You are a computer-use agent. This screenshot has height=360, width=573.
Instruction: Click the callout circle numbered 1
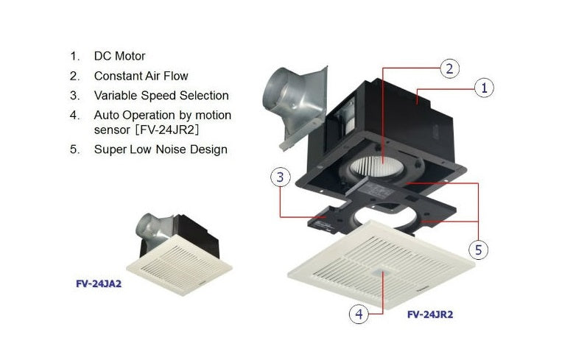point(484,88)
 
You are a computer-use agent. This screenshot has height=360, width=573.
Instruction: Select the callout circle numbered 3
point(281,177)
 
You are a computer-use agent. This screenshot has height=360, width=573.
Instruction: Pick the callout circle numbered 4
point(358,314)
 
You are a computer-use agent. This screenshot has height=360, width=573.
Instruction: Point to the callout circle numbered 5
point(479,250)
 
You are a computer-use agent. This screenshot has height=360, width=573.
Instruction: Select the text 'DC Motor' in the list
point(119,56)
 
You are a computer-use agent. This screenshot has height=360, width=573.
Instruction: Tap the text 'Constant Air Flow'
point(141,76)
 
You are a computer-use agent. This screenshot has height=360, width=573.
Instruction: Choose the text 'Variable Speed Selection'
point(161,96)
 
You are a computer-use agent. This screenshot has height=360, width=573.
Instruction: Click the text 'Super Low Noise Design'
point(161,149)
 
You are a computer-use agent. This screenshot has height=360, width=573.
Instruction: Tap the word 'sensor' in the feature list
point(112,130)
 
